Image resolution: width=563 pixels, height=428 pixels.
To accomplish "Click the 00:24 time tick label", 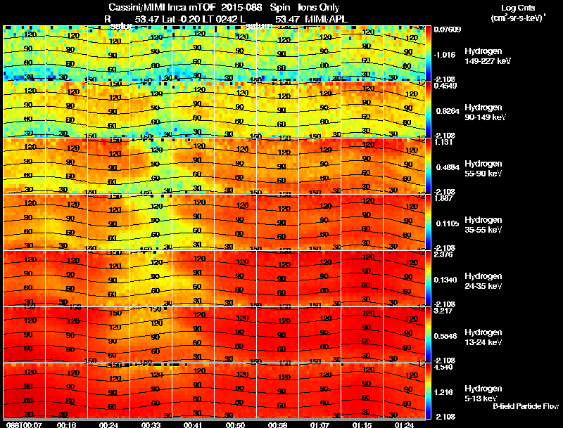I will pyautogui.click(x=109, y=424).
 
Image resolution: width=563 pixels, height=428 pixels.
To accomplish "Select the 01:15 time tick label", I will pyautogui.click(x=362, y=424).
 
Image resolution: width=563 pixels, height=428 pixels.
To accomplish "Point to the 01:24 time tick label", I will pyautogui.click(x=404, y=424).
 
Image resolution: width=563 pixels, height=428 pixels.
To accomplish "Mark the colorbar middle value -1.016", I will pyautogui.click(x=445, y=54).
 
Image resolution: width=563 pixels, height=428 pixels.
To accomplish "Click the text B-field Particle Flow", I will pyautogui.click(x=526, y=406).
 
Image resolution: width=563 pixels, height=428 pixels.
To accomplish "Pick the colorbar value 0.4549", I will pyautogui.click(x=444, y=86).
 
